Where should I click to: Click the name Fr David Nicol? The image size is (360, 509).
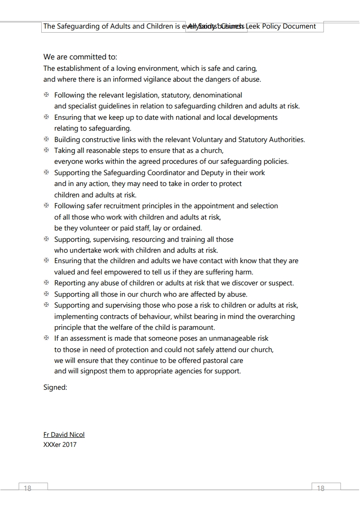click(64, 435)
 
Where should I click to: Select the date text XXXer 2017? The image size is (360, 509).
click(60, 445)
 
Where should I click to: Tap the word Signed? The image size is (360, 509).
click(55, 387)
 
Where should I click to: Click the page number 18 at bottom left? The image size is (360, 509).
click(27, 489)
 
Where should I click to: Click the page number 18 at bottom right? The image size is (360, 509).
click(321, 489)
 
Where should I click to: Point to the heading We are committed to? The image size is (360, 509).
click(80, 57)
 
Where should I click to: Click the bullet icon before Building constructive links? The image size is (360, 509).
click(46, 139)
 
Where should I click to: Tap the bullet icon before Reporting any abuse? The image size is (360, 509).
click(46, 283)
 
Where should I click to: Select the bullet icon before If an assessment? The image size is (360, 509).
click(46, 338)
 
